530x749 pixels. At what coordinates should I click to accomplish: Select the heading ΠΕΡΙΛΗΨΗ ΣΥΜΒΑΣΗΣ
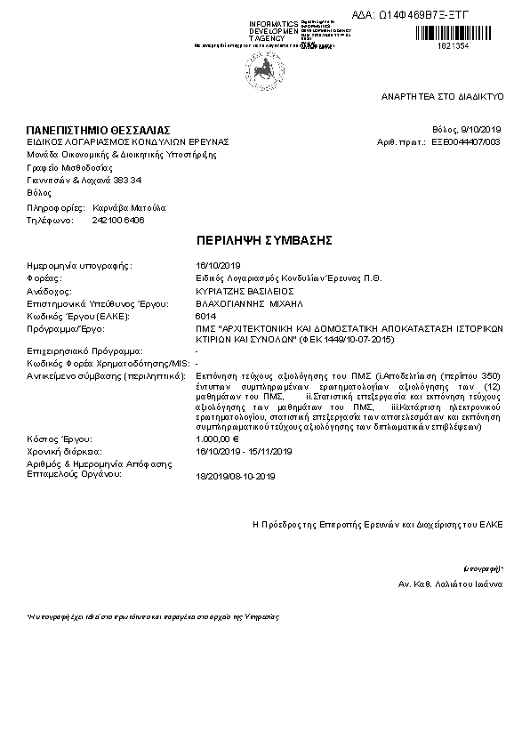pos(264,241)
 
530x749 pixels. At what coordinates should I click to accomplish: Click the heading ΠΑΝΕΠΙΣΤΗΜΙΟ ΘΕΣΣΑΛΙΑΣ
pos(98,131)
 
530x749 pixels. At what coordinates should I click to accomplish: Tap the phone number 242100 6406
pos(118,220)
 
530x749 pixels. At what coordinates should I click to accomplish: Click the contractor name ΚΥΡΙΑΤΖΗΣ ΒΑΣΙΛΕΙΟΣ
pos(244,291)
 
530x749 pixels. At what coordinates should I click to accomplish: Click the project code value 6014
pos(204,317)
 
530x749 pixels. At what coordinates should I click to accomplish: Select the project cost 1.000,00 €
pos(218,439)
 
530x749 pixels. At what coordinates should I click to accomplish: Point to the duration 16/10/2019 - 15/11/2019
pos(243,452)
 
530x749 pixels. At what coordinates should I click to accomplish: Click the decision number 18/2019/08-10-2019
pos(235,477)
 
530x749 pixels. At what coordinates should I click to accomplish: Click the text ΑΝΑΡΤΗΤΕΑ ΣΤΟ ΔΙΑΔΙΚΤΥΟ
pos(443,94)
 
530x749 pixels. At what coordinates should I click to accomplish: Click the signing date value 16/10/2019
pos(218,265)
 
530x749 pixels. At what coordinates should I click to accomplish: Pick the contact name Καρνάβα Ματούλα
pos(129,207)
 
